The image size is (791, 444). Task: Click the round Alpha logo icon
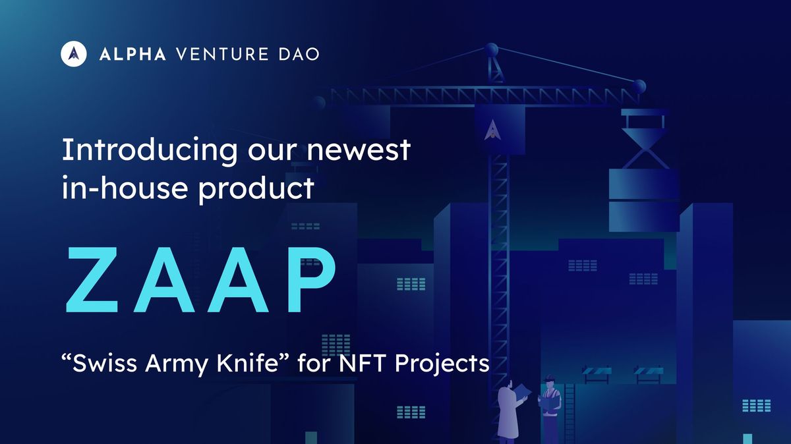coord(74,54)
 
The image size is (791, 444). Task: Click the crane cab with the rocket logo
coord(500,128)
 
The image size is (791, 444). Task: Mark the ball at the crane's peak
coord(491,49)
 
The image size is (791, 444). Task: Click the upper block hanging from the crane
coord(643,184)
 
